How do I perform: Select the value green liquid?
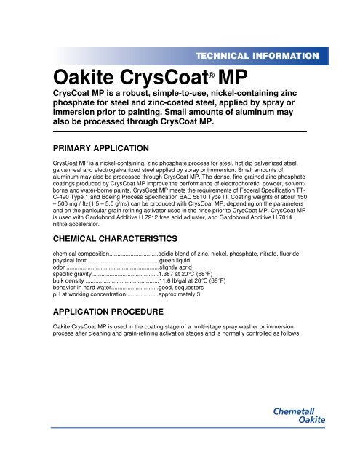point(179,260)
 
